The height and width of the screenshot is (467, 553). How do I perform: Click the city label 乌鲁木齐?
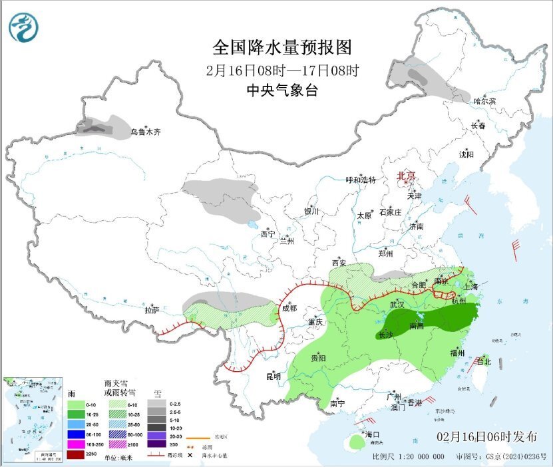coord(145,132)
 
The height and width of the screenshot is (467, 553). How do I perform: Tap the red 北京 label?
coord(406,176)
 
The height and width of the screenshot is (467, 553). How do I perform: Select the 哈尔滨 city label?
coord(484,101)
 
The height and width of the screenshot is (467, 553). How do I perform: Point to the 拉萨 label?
coord(152,310)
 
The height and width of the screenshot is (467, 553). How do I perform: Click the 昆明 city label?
coord(274,377)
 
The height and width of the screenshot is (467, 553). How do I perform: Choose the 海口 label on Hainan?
coord(373,434)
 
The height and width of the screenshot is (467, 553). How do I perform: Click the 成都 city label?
coord(289,308)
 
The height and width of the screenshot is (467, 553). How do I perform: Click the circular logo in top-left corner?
coord(23,28)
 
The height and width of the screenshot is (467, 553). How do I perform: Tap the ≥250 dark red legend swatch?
coord(75,455)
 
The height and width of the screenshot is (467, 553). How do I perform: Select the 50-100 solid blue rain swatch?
coord(75,434)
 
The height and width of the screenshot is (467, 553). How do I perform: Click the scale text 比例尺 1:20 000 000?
coord(408,457)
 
